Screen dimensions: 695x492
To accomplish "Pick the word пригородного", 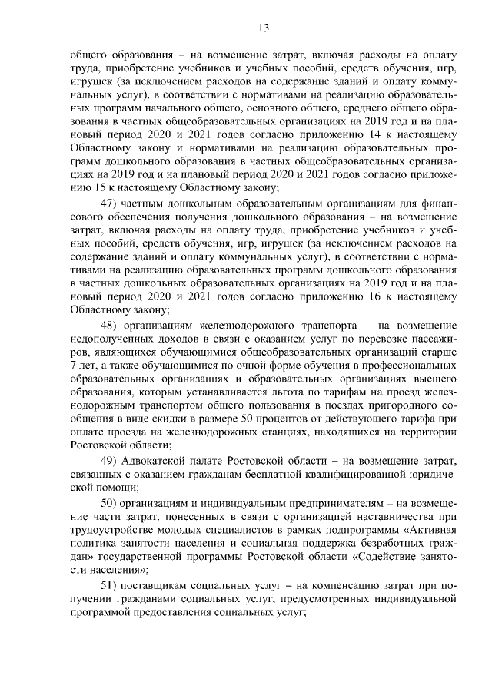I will pos(397,404).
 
